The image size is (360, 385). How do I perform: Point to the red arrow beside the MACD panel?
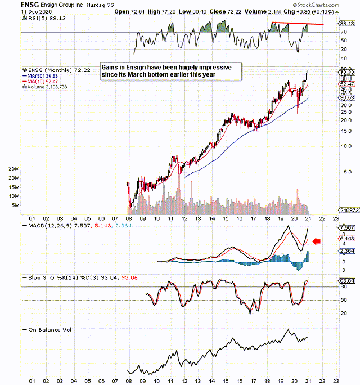click(x=317, y=241)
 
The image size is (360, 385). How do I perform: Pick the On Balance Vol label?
click(x=48, y=329)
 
